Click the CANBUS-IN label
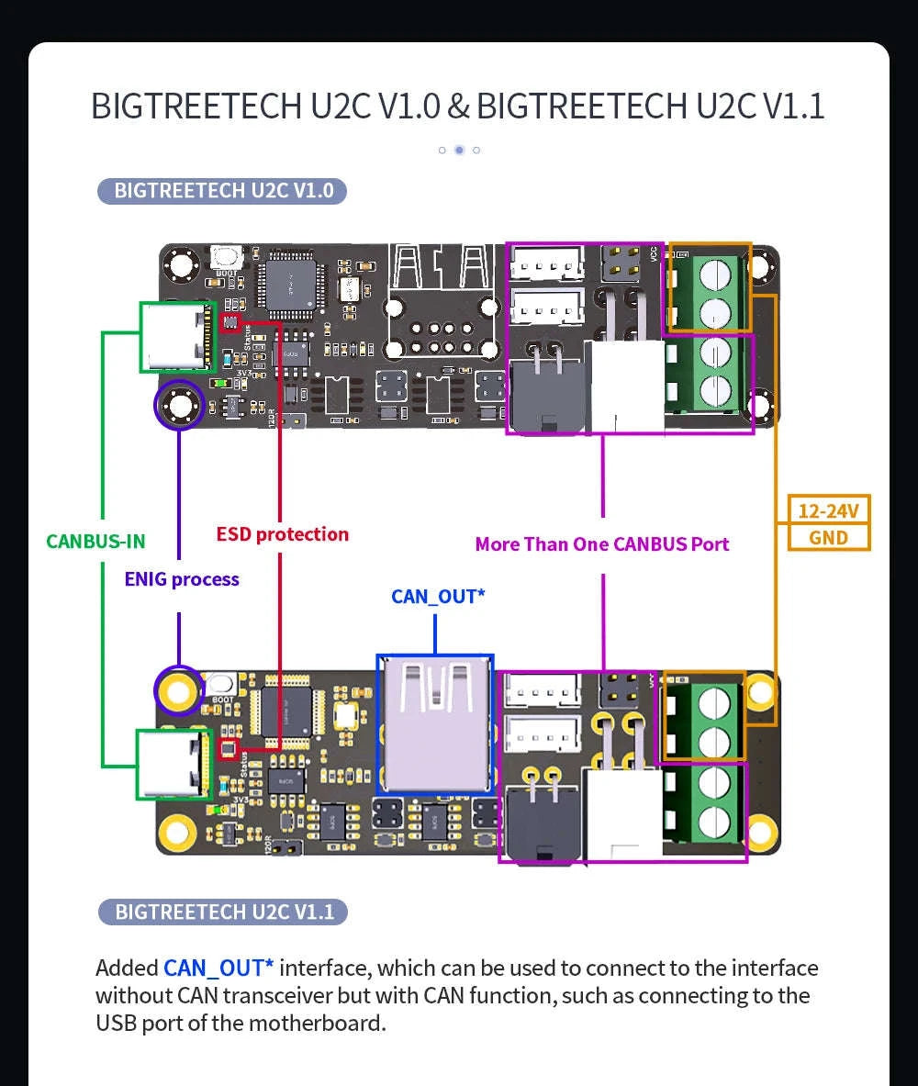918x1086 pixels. tap(95, 541)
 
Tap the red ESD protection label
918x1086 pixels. tap(282, 534)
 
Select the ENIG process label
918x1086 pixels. tap(182, 579)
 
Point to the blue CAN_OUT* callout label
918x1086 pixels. tap(438, 597)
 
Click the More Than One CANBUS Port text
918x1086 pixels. tap(601, 544)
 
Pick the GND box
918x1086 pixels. tap(828, 538)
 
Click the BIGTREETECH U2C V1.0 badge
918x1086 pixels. tap(222, 191)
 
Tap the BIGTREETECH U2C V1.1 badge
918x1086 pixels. tap(223, 912)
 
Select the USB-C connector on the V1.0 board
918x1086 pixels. tap(178, 337)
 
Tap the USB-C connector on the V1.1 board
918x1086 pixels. tap(174, 764)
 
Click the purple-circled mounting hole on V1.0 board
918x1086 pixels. tap(179, 405)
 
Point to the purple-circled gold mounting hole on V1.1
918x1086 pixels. tap(178, 689)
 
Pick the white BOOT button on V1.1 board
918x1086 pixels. tap(220, 684)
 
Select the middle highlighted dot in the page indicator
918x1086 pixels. tap(459, 150)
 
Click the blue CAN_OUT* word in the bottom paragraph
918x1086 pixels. tap(218, 968)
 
